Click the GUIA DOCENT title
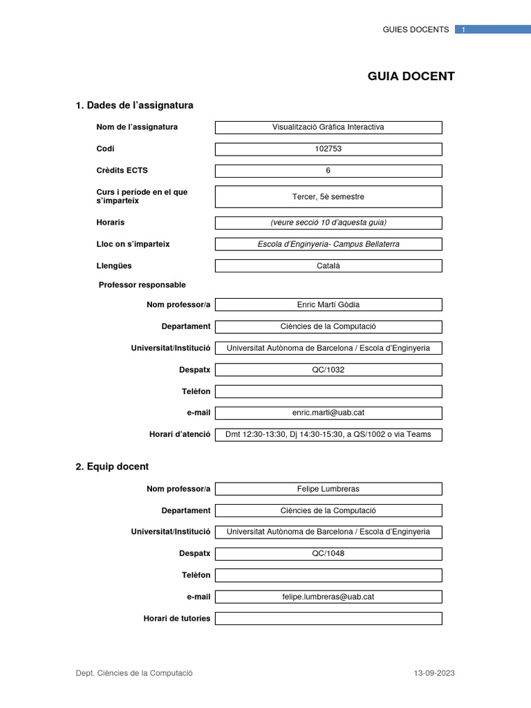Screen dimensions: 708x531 coord(411,76)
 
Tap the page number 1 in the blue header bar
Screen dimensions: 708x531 coord(464,30)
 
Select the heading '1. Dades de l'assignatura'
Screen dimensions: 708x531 coord(134,105)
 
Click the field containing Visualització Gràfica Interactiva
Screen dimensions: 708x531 coord(328,127)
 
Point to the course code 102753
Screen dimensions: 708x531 coord(328,149)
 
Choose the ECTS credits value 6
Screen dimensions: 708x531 coord(328,171)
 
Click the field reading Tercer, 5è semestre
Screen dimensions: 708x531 coord(328,196)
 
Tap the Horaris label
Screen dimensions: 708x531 coord(111,222)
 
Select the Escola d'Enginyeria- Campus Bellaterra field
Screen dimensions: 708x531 coord(328,244)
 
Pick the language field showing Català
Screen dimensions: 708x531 coord(328,265)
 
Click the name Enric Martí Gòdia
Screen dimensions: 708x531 coord(328,305)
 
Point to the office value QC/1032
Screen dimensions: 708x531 coord(328,370)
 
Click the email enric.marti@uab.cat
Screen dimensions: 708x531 coord(328,413)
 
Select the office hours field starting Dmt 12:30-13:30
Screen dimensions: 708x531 coord(328,434)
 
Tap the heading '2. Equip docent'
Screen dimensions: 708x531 coord(112,467)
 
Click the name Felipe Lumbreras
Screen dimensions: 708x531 coord(328,489)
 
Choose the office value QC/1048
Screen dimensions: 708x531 coord(328,553)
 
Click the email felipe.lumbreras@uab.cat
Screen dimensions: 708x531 coord(328,597)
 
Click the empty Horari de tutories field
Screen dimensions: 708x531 coord(328,618)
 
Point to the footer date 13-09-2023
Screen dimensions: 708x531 coord(434,673)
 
